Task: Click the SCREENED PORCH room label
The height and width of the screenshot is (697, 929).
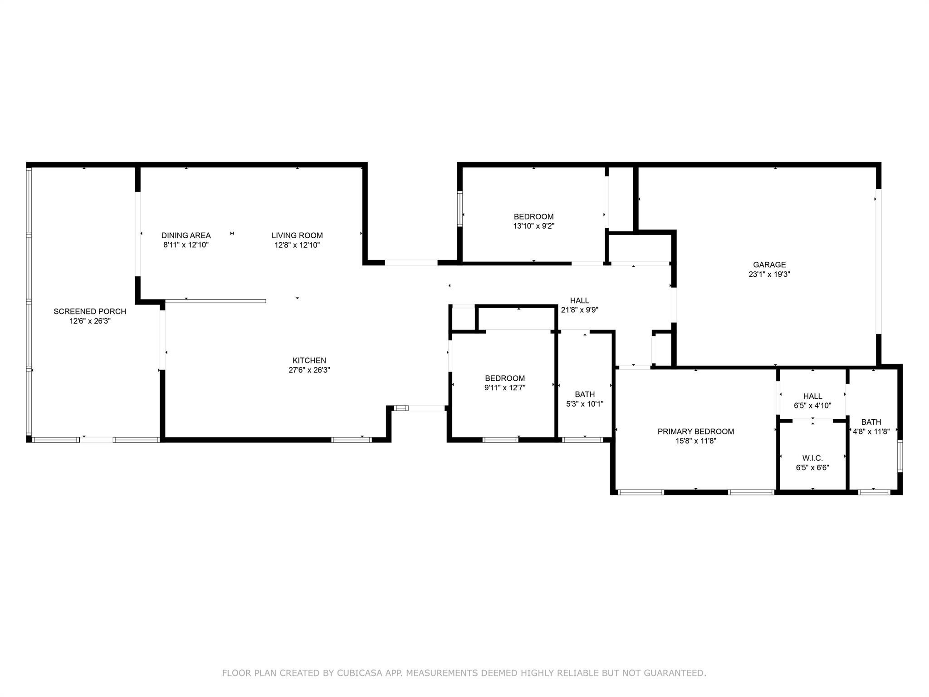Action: click(x=90, y=311)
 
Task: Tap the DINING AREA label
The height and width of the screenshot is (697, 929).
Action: click(x=186, y=236)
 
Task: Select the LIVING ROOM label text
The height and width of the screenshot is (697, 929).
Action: click(x=297, y=236)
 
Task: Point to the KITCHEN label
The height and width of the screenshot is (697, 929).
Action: click(x=309, y=361)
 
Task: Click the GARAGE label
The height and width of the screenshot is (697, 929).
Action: click(x=769, y=265)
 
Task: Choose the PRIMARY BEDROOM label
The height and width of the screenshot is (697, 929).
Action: click(x=696, y=432)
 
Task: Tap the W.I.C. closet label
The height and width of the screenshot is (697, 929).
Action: click(x=812, y=458)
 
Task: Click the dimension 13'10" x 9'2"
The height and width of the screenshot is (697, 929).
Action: click(x=534, y=226)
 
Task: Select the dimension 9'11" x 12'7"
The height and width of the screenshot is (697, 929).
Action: click(x=505, y=388)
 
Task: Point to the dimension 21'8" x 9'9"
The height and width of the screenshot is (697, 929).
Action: click(x=580, y=310)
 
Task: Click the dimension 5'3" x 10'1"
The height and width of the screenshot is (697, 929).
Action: click(x=585, y=404)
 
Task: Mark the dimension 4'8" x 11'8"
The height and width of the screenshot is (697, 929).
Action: click(x=871, y=432)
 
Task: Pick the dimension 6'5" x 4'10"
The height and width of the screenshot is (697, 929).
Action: click(x=812, y=406)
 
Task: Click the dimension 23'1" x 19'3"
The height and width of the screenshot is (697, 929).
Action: click(x=769, y=274)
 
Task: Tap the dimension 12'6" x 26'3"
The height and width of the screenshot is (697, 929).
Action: click(x=90, y=321)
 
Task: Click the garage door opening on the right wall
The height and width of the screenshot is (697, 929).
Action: click(x=878, y=261)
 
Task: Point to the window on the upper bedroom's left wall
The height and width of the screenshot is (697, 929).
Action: click(x=460, y=209)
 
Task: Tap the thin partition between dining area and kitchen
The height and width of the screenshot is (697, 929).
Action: click(x=215, y=301)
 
